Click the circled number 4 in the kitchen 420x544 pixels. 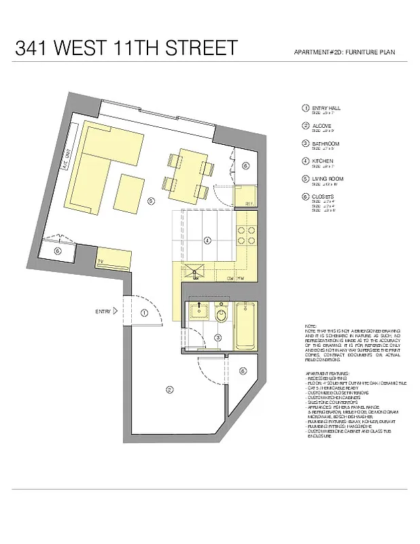[x=208, y=239]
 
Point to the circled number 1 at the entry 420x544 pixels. [x=144, y=313]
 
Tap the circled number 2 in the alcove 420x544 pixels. [x=168, y=389]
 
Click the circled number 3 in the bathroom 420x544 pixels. [x=218, y=337]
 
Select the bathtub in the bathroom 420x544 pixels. [x=245, y=326]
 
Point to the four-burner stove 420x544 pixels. [x=245, y=235]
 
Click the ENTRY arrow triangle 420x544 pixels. [x=116, y=311]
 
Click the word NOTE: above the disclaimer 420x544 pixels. [x=311, y=328]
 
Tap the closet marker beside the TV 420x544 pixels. [x=58, y=251]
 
